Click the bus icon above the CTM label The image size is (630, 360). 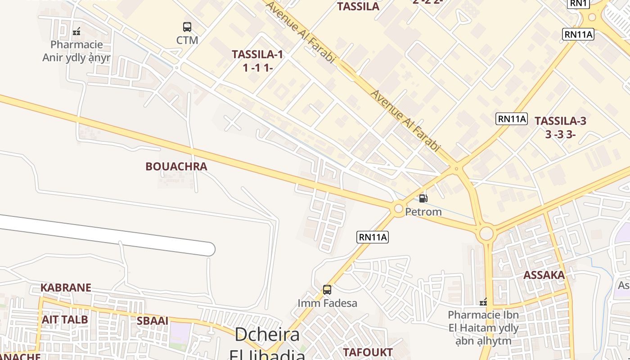tap(187, 27)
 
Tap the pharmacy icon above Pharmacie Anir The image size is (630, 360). tap(76, 31)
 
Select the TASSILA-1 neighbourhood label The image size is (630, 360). tap(257, 54)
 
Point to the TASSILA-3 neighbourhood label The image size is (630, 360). tap(560, 121)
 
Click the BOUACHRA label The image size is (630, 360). tap(176, 166)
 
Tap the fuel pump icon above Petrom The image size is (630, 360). tap(423, 198)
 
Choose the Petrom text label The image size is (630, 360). tap(423, 211)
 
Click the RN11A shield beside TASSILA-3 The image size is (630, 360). tap(512, 119)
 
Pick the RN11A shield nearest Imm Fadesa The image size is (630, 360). tap(373, 237)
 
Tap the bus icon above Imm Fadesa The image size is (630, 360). tap(327, 290)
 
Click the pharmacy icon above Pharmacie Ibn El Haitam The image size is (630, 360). tap(483, 301)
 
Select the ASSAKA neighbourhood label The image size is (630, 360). tap(544, 275)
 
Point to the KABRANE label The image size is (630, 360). tap(66, 288)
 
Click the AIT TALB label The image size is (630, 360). tap(65, 319)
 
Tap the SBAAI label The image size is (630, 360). tap(153, 321)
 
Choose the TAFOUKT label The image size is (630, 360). tap(368, 352)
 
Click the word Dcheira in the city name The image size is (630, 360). tap(267, 335)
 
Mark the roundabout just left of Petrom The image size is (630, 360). tap(398, 208)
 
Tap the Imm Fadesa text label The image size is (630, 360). tap(327, 303)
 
